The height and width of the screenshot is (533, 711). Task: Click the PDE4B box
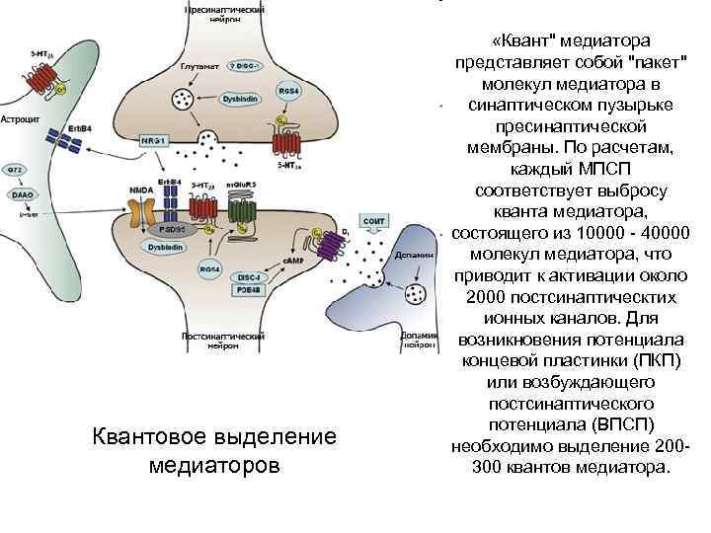click(248, 290)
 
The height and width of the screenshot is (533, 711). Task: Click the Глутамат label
click(197, 66)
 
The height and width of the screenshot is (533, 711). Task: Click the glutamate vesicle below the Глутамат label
click(184, 99)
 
